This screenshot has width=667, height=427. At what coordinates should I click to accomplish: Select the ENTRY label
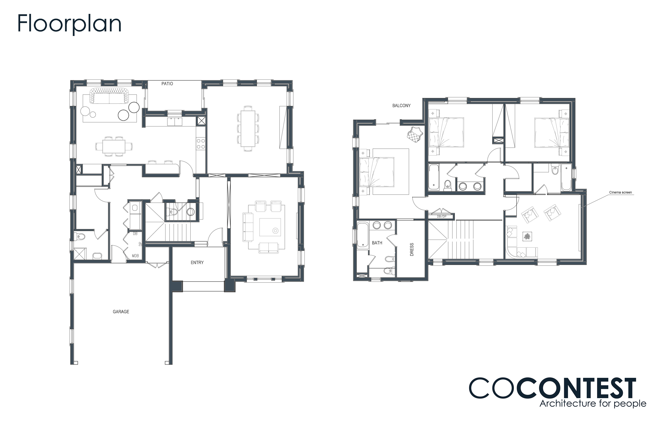coord(197,262)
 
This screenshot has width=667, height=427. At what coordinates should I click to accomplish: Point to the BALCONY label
coord(401,105)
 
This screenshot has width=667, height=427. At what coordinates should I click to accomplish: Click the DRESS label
coord(412,249)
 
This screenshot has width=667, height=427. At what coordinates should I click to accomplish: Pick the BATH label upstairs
coord(377,243)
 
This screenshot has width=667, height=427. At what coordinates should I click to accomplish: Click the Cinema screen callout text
coord(620,192)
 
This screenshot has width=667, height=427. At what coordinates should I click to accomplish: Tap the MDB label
coord(135,256)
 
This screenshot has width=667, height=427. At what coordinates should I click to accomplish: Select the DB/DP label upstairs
coord(442,217)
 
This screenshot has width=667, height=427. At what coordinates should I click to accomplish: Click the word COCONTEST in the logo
coord(552,388)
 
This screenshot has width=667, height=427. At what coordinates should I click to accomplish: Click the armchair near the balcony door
coord(415,135)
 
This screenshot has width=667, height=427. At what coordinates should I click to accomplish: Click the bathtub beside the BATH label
coord(363,235)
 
